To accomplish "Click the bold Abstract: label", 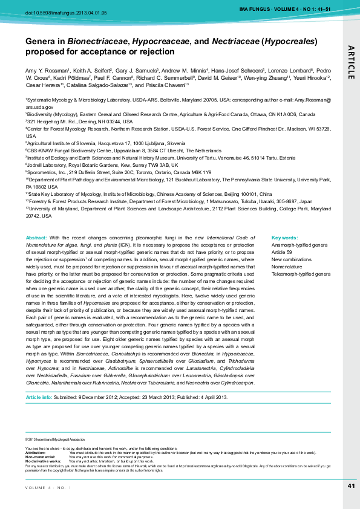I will tap(36, 238).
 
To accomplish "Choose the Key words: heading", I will tap(284, 238).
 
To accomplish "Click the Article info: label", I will tap(39, 397).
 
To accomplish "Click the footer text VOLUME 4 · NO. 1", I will tap(49, 487).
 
